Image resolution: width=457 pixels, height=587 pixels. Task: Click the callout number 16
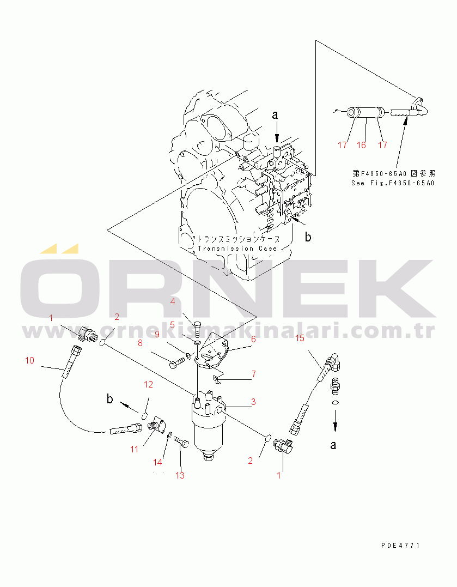[x=361, y=145]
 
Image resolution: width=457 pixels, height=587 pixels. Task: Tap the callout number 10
[x=29, y=360]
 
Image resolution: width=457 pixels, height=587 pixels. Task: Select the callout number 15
[x=300, y=338]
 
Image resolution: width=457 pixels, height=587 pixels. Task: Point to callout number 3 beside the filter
[x=253, y=402]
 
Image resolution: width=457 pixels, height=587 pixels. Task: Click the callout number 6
[x=253, y=339]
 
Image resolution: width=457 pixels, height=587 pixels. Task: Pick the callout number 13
[x=180, y=475]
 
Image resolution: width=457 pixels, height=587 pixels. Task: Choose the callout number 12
[x=149, y=385]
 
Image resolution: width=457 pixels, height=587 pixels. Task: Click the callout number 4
[x=172, y=301]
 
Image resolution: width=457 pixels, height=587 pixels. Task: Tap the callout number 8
[x=139, y=343]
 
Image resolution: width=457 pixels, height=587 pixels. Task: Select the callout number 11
[x=134, y=449]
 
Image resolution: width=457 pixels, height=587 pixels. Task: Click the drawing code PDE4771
[x=401, y=545]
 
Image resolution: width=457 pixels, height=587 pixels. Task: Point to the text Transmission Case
[x=237, y=249]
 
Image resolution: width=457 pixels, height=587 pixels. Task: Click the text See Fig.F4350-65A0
[x=393, y=183]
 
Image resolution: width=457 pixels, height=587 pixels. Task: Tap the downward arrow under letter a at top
[x=276, y=132]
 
